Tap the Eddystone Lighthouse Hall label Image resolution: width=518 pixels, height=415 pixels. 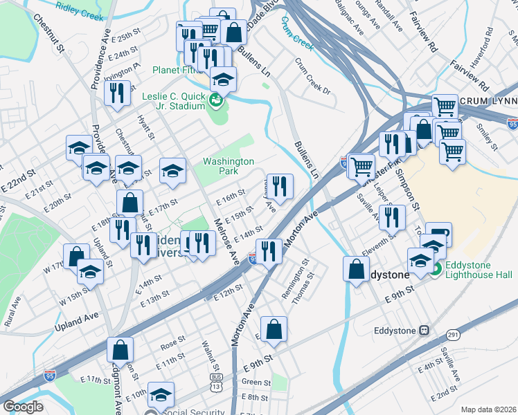coord(479,270)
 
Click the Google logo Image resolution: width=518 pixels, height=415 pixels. coord(23,407)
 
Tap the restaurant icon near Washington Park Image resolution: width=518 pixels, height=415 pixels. coord(279,186)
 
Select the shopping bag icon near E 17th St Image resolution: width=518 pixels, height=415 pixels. coord(129,203)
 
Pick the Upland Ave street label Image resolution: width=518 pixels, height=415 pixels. coord(78,316)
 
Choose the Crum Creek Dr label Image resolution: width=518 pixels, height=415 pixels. coord(314,75)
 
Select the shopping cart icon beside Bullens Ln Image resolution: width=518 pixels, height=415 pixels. coord(361,167)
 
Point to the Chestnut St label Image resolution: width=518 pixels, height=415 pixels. coord(48,33)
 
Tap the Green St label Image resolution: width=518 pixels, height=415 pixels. coord(256,382)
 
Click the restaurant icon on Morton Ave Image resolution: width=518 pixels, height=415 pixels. coord(269,250)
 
